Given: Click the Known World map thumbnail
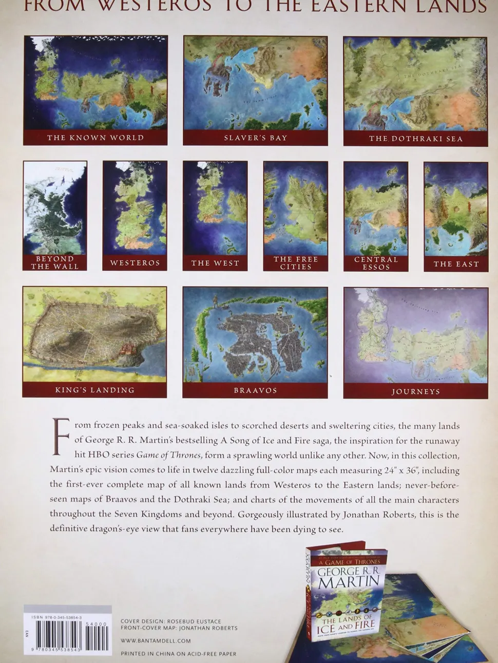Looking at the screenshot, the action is point(95,83).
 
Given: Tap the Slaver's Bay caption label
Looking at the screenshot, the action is point(255,138).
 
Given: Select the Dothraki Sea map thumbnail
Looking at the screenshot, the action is point(415,83).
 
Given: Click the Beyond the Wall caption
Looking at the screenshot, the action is point(55,262).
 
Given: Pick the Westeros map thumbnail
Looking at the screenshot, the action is point(135,208).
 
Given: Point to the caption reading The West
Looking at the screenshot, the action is point(215,263).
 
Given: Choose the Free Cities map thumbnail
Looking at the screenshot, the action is point(296,208).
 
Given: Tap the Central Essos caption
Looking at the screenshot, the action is point(376,263).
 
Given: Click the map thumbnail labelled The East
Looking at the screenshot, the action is point(456,208).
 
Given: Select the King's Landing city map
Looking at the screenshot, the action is point(94,334).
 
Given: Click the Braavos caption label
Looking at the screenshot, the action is point(255,391).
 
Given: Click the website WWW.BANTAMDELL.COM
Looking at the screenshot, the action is point(156,641).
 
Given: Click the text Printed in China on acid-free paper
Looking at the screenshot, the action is point(178,654).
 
